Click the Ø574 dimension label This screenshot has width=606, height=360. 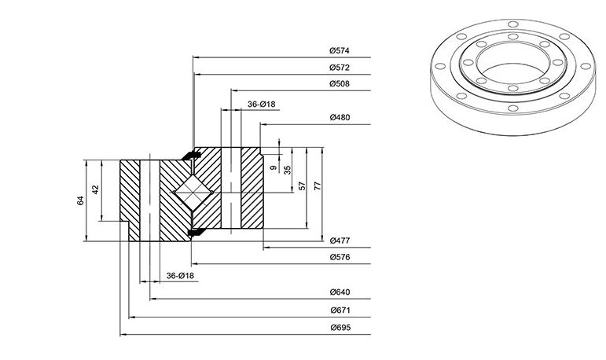pyautogui.click(x=340, y=50)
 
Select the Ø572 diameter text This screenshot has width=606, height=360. pyautogui.click(x=340, y=68)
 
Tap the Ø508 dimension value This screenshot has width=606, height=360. pyautogui.click(x=340, y=83)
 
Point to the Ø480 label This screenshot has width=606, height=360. pyautogui.click(x=340, y=117)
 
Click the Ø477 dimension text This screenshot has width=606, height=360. pyautogui.click(x=340, y=241)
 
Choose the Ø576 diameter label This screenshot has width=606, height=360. pyautogui.click(x=340, y=257)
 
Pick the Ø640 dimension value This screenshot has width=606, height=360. pyautogui.click(x=340, y=292)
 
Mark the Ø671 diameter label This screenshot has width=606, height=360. pyautogui.click(x=340, y=310)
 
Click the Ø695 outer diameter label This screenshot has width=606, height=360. pyautogui.click(x=340, y=328)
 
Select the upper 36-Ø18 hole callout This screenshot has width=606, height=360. pyautogui.click(x=261, y=104)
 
